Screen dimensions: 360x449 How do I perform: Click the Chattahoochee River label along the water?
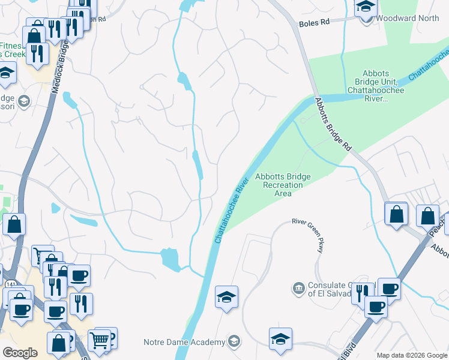pyautogui.click(x=231, y=210)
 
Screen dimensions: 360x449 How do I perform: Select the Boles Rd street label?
pyautogui.click(x=315, y=22)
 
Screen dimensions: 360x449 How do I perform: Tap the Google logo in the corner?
pyautogui.click(x=20, y=353)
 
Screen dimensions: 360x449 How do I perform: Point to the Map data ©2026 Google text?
pyautogui.click(x=412, y=355)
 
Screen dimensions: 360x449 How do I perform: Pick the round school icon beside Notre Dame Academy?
pyautogui.click(x=235, y=342)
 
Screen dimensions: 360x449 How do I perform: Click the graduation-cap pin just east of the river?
pyautogui.click(x=226, y=297)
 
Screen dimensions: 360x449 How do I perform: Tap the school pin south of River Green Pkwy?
pyautogui.click(x=280, y=339)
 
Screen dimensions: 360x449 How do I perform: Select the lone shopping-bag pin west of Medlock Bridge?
pyautogui.click(x=14, y=225)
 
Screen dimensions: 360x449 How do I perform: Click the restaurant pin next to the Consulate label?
pyautogui.click(x=362, y=293)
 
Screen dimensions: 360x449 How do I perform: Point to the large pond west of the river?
pyautogui.click(x=170, y=259)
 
